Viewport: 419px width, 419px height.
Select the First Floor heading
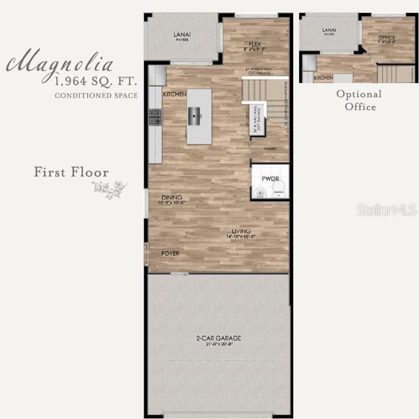click(71, 172)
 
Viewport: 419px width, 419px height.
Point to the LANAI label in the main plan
click(182, 34)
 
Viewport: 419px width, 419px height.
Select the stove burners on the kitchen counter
click(155, 117)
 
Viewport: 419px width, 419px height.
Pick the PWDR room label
click(270, 178)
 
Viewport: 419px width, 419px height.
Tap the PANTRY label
click(271, 149)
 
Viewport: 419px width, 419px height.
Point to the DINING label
click(172, 198)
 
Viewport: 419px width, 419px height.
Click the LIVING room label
click(241, 231)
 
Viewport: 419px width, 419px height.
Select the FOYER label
click(170, 253)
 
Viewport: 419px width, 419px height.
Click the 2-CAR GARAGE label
click(219, 338)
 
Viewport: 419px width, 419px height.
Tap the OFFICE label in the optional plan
click(387, 38)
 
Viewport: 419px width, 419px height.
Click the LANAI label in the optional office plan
click(329, 29)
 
